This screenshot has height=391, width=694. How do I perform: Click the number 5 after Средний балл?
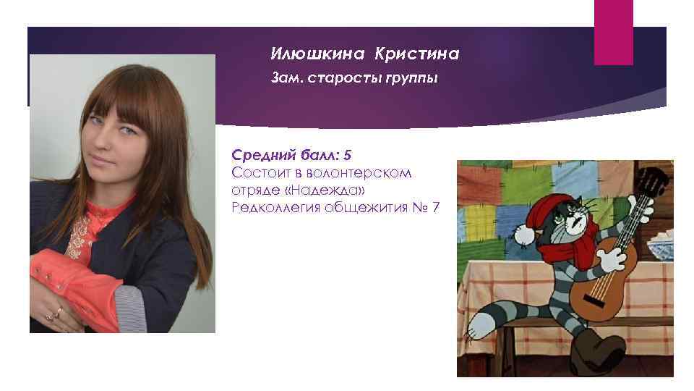[348, 155]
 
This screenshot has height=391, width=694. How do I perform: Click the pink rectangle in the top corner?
[613, 32]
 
